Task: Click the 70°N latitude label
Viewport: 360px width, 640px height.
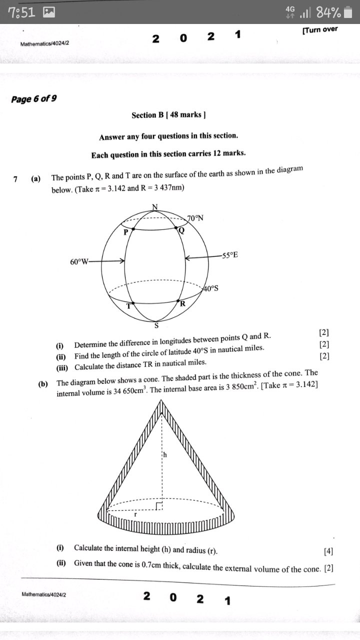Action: [x=195, y=218]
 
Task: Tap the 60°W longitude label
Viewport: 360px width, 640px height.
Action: [x=79, y=261]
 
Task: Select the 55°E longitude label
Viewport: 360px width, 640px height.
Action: [x=230, y=255]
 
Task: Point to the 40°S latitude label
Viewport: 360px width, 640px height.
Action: [x=210, y=288]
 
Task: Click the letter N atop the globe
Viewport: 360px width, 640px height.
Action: [x=154, y=207]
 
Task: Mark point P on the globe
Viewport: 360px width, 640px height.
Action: [x=133, y=228]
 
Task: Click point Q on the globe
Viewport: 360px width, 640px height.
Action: [x=177, y=228]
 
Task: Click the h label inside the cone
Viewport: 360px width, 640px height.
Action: [x=164, y=455]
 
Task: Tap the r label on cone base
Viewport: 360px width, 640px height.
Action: [x=135, y=513]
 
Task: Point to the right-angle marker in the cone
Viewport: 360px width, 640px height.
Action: [x=159, y=506]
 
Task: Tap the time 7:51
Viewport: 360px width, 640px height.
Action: [x=22, y=12]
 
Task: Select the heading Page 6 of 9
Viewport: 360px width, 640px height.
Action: [x=33, y=98]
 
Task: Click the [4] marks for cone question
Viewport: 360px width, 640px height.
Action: [x=328, y=551]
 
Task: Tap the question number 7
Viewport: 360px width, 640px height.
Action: [x=16, y=179]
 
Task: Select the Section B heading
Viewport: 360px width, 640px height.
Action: [x=169, y=115]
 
